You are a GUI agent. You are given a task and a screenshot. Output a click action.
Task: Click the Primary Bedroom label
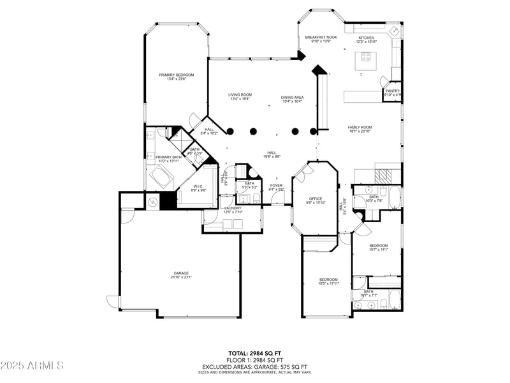click(x=177, y=75)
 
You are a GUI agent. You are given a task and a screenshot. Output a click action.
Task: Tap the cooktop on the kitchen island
click(x=367, y=56)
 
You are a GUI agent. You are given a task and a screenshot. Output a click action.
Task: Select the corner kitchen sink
click(x=395, y=31)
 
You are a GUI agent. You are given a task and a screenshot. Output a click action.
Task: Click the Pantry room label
click(x=393, y=91)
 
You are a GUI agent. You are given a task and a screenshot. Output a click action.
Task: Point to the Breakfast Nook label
click(x=321, y=38)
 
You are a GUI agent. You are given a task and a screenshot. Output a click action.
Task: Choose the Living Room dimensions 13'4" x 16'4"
click(x=240, y=99)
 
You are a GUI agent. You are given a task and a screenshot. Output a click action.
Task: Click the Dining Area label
click(x=293, y=98)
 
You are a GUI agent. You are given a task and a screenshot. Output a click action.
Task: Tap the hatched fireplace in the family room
click(x=382, y=175)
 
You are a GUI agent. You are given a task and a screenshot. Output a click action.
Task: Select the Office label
click(x=316, y=199)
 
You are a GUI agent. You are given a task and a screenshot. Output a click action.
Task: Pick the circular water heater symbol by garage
click(x=154, y=202)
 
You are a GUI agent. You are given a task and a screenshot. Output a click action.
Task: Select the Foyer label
click(x=276, y=186)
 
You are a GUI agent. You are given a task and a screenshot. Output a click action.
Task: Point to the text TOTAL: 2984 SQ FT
click(x=254, y=352)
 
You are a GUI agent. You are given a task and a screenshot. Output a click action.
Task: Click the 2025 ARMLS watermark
click(x=32, y=366)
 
